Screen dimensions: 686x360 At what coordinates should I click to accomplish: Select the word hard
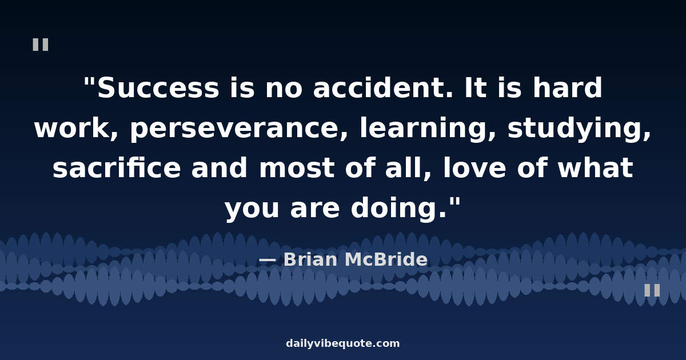[568, 87]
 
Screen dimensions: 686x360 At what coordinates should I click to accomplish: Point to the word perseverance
[239, 129]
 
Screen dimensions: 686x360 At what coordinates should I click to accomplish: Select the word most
[297, 168]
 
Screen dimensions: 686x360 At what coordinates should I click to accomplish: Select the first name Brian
[311, 259]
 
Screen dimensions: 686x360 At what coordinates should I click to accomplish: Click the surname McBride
[386, 259]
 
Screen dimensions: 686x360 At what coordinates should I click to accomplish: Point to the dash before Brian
[268, 261]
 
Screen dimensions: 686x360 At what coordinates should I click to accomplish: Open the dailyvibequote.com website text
[342, 343]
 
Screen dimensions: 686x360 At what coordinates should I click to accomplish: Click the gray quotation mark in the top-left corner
[41, 45]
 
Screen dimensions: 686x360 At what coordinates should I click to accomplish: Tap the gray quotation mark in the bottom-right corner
[652, 290]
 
